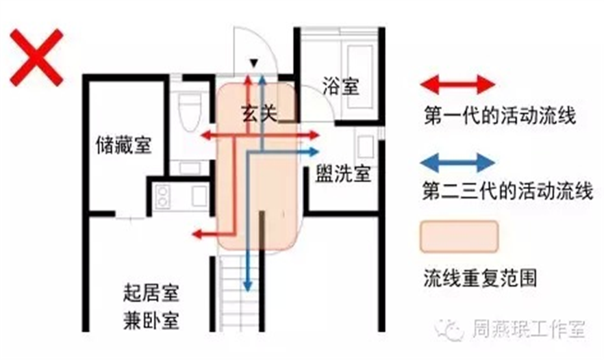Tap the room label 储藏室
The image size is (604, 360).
[x=124, y=145]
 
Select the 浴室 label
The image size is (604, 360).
[x=340, y=87]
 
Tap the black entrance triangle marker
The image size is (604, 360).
[x=253, y=63]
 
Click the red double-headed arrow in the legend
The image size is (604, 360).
[x=457, y=84]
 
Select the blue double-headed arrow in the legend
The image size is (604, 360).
[x=457, y=162]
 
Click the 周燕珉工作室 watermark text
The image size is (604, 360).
[x=528, y=330]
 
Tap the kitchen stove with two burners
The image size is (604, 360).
[x=164, y=198]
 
